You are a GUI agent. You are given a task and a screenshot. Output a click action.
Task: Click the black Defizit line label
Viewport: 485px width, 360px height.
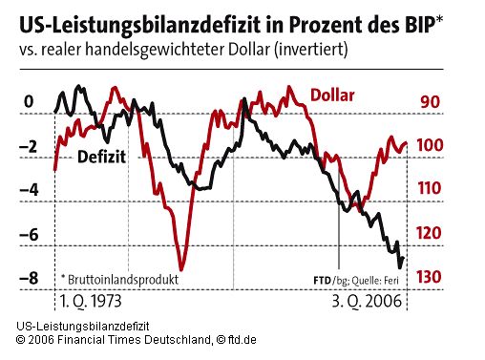click(x=102, y=157)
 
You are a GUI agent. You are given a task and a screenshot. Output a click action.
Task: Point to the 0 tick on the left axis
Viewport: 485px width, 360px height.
click(x=28, y=102)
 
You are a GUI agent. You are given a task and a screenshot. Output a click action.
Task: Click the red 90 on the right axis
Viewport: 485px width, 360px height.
click(x=430, y=102)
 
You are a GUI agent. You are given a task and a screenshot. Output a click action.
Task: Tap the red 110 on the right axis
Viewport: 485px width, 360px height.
click(x=430, y=189)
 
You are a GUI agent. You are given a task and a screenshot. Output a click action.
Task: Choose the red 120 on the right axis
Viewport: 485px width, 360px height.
click(x=430, y=233)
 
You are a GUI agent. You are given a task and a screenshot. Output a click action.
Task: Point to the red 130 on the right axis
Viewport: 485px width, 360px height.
click(x=430, y=277)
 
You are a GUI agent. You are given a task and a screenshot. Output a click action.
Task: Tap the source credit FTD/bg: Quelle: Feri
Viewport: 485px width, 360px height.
click(x=354, y=279)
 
